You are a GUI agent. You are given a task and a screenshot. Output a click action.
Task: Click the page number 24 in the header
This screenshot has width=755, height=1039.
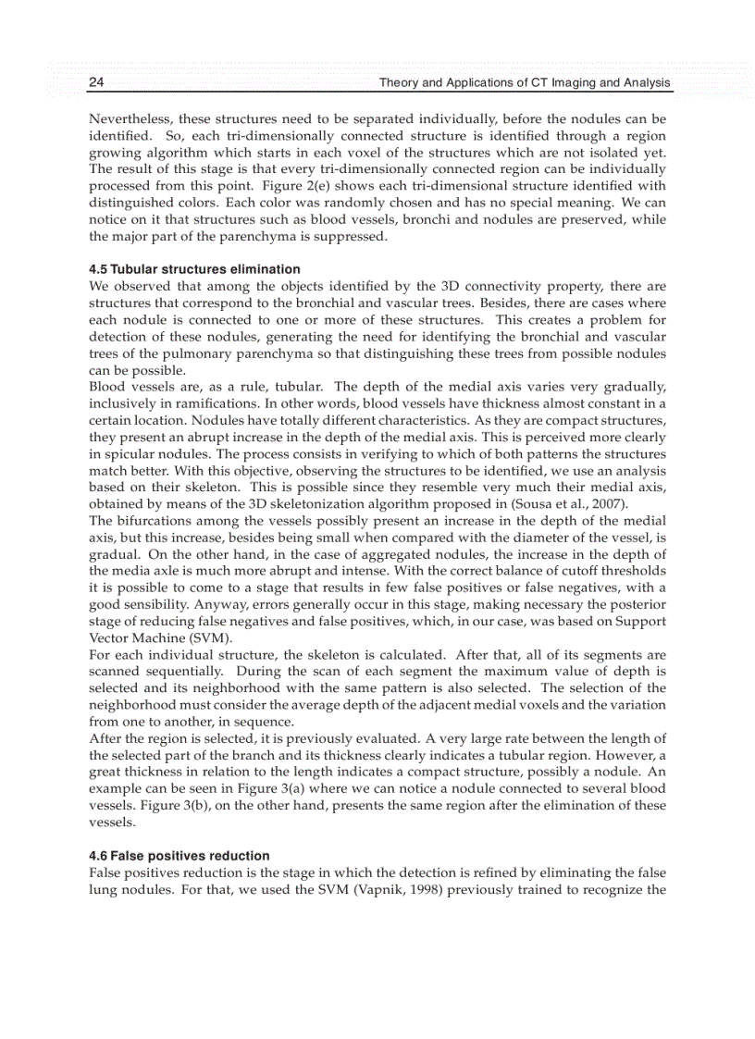(96, 83)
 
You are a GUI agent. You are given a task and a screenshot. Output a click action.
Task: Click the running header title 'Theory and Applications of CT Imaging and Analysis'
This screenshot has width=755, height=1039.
(524, 83)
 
